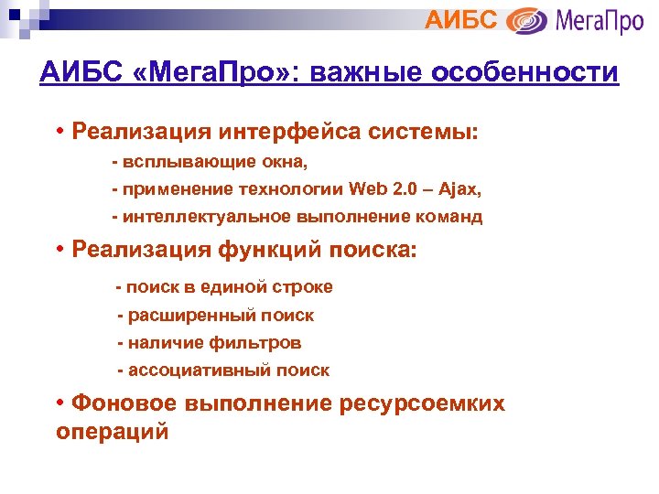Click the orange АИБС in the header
pos(463,19)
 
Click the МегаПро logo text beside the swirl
pos(597,20)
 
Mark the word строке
pos(302,287)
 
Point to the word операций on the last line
pos(113,432)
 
